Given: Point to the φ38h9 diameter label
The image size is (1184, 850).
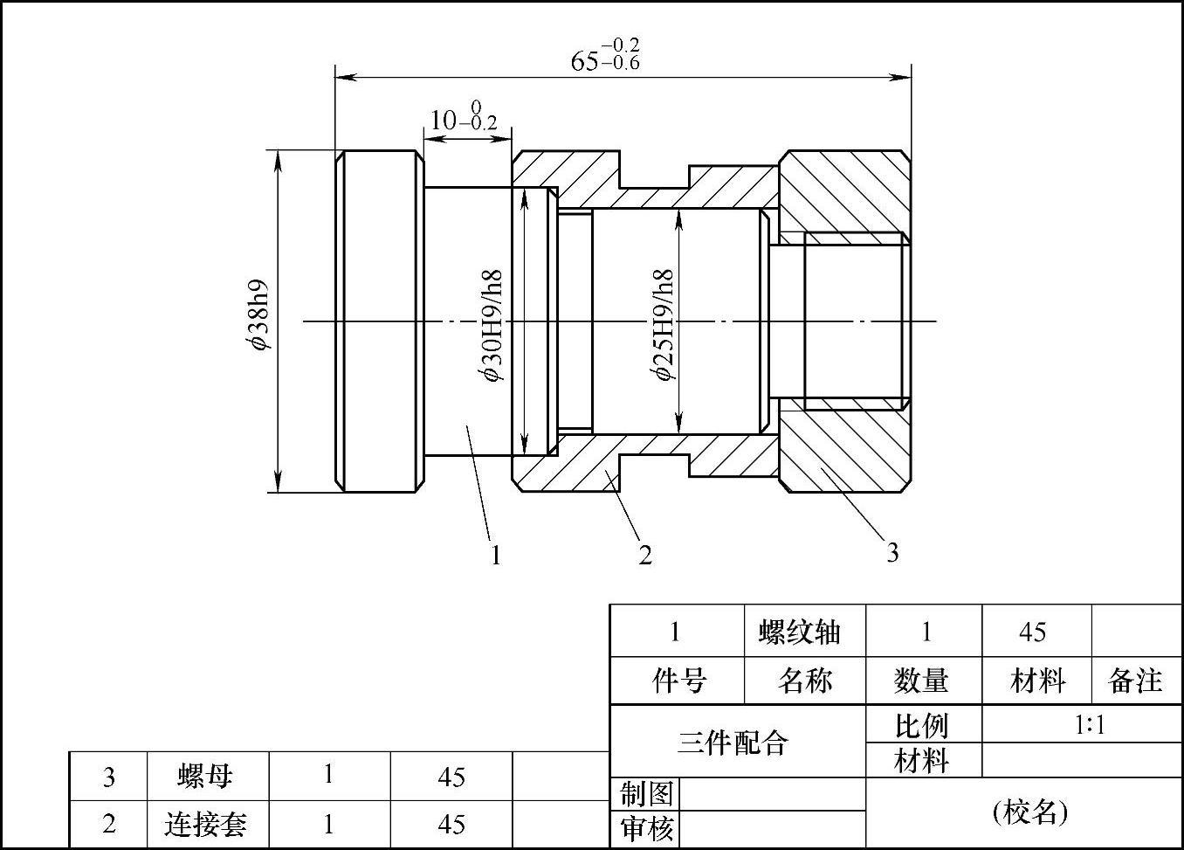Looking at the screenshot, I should coord(258,314).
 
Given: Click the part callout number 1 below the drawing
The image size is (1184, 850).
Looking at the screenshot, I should coord(496,555).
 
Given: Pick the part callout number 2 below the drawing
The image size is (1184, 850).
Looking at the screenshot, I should coord(645,555).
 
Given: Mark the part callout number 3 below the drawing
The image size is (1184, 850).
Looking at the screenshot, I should coord(892,552).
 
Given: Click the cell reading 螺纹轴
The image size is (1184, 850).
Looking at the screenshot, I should coord(800,632).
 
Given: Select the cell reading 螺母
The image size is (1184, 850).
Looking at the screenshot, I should coord(206,776).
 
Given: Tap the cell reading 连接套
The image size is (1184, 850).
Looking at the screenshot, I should coord(206,824).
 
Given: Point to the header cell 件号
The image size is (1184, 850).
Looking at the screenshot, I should coord(678,681).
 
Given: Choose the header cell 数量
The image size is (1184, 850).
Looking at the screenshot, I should coord(921,681).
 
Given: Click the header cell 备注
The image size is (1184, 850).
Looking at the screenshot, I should coord(1135,681).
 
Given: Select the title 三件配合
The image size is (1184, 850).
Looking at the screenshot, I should coord(733,743).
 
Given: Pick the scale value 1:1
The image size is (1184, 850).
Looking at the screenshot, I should coord(1090,725).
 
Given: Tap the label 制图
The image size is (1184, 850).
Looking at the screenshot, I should coord(646,794).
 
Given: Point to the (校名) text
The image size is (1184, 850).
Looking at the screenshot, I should coord(1030,812).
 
